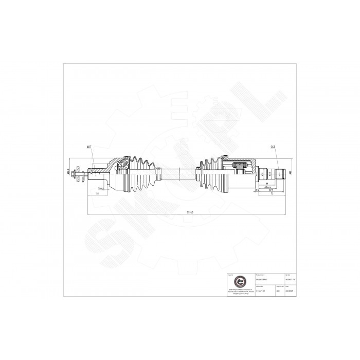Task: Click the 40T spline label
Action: click(89, 147)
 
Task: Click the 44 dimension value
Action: click(267, 184)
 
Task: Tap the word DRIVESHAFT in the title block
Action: click(258, 278)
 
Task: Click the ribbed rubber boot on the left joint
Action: click(140, 172)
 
